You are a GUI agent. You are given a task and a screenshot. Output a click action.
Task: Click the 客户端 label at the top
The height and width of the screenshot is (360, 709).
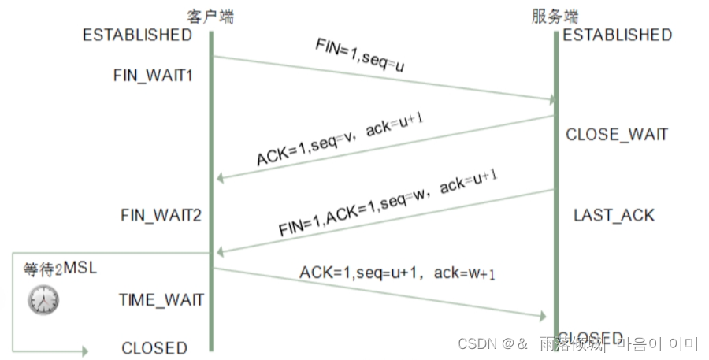(210, 16)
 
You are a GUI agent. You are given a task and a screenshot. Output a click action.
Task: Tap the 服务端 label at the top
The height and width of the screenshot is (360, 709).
(556, 16)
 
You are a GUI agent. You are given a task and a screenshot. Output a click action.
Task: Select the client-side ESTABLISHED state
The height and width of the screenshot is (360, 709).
(137, 35)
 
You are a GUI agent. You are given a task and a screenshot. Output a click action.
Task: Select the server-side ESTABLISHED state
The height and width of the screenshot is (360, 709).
(617, 35)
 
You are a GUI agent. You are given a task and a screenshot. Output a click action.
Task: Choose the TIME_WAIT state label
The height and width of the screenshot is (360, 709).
(161, 299)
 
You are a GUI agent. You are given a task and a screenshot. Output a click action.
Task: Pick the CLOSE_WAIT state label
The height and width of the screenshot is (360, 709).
(617, 135)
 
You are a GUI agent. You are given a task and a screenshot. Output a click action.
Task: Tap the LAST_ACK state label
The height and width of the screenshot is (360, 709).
(614, 215)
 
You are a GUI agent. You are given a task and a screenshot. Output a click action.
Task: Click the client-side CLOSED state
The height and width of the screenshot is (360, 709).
(154, 347)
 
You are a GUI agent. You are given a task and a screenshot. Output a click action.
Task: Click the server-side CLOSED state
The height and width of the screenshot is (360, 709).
(591, 338)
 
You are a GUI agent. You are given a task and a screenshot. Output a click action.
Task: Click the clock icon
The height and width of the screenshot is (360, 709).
(43, 299)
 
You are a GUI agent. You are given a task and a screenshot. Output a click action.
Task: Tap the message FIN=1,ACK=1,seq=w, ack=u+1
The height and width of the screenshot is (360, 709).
(387, 206)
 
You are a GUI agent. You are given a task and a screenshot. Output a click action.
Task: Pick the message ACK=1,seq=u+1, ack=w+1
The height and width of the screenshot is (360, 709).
(398, 273)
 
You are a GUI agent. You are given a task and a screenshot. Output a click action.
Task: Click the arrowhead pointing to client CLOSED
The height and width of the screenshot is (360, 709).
(84, 351)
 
